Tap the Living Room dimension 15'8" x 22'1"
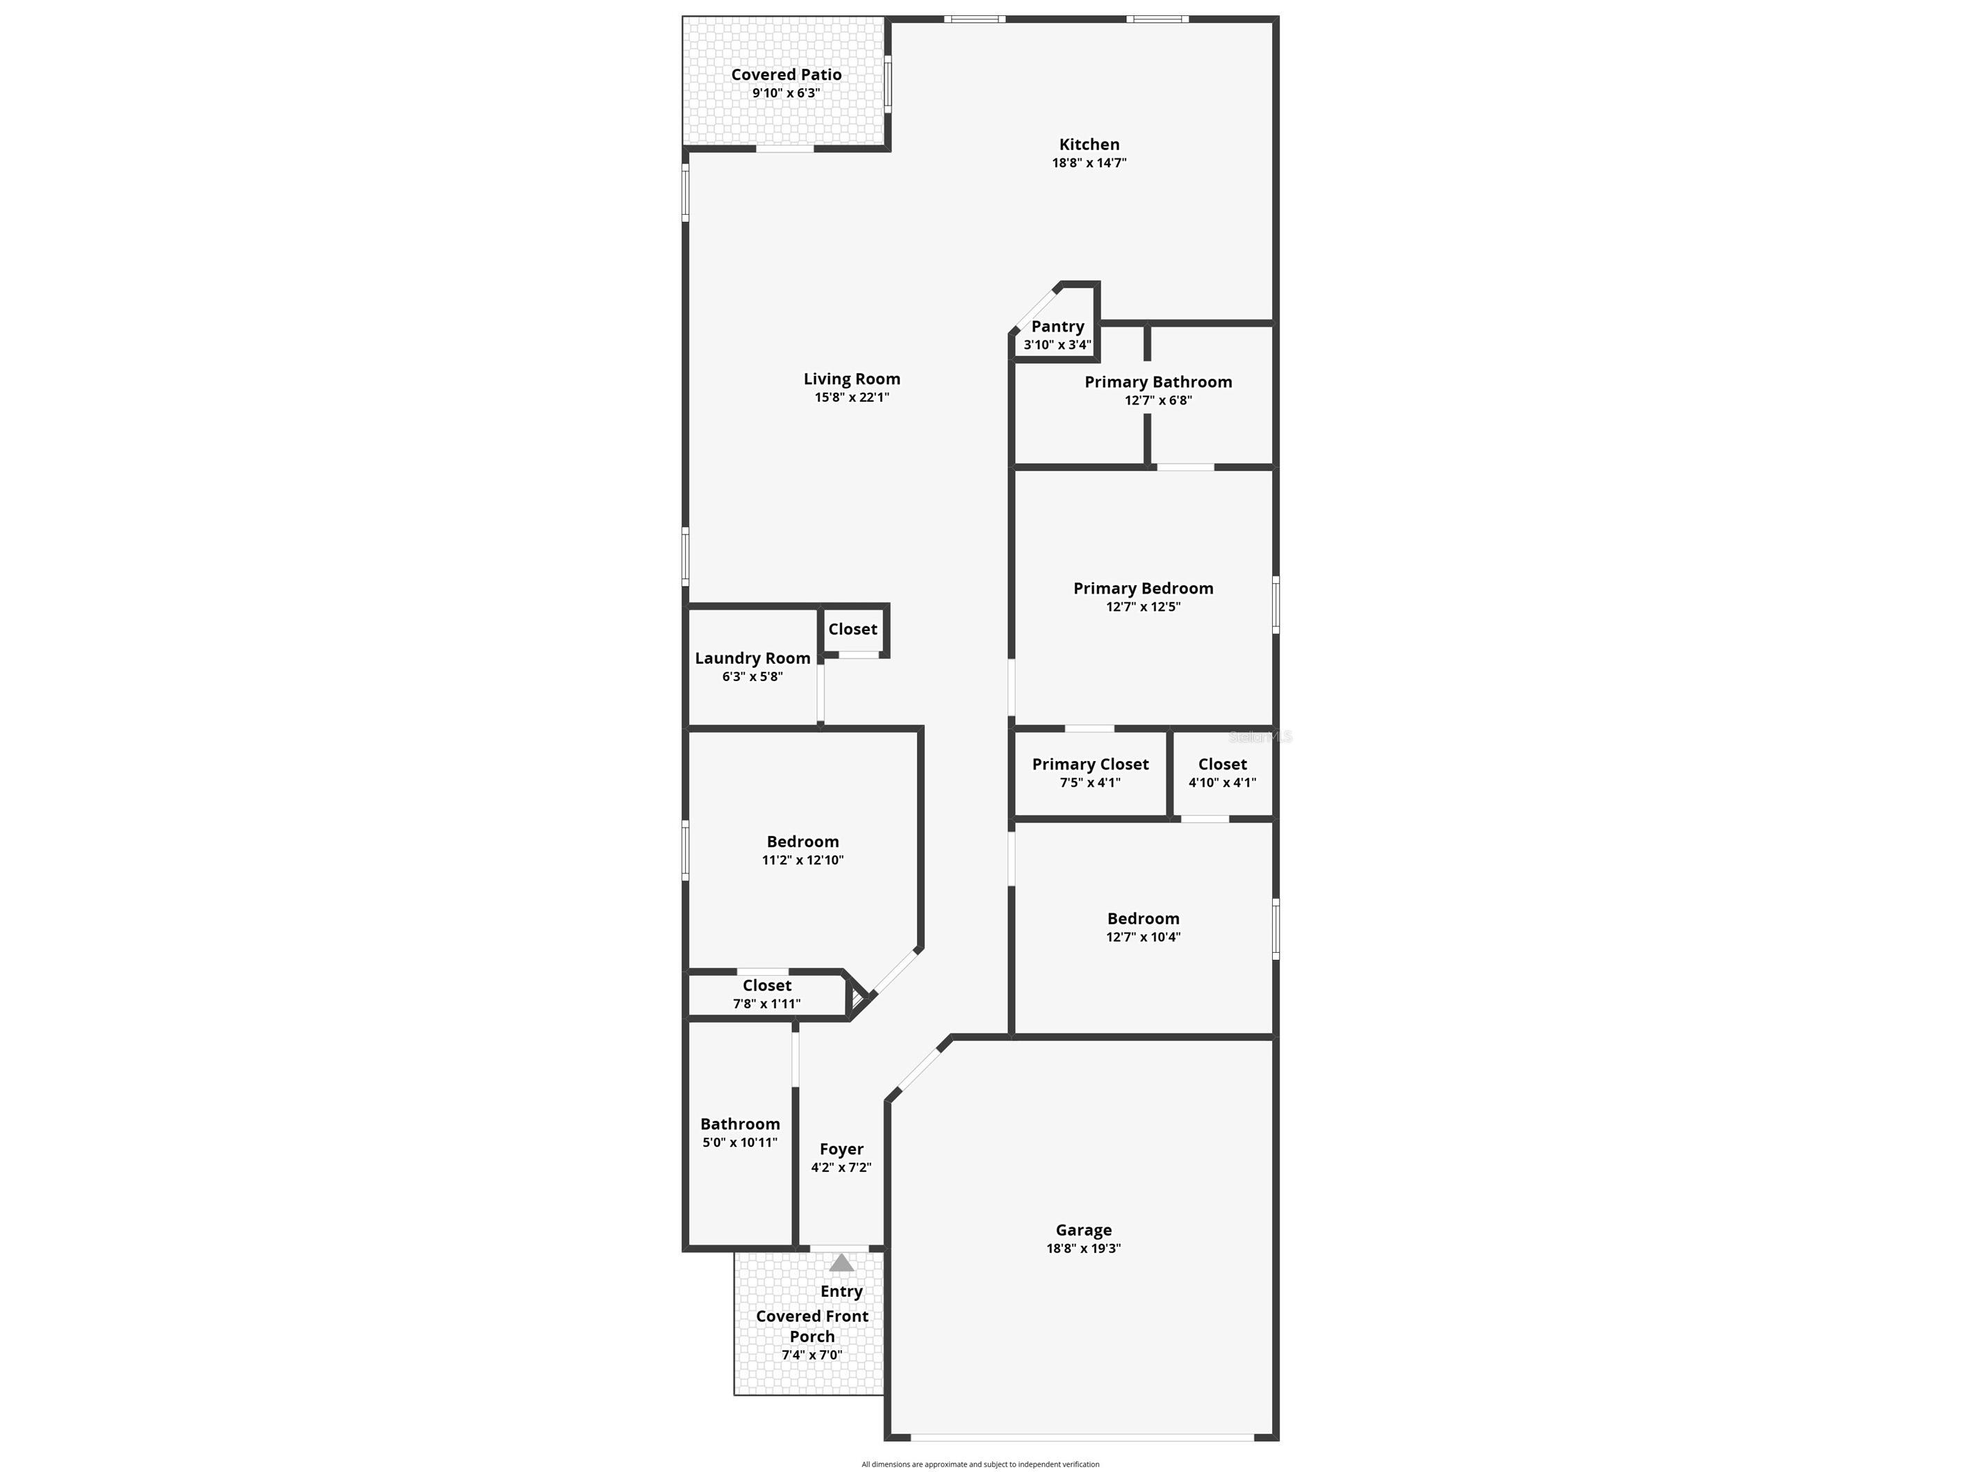852,398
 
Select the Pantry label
1057,327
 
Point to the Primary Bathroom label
1157,382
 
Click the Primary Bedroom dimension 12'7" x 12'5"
1142,607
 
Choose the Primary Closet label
1090,764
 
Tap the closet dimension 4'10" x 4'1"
1221,783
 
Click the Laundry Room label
752,657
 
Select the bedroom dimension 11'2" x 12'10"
802,860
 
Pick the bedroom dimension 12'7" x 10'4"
1142,937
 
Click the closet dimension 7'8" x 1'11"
766,1004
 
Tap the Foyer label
841,1149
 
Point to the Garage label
1083,1229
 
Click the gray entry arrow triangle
841,1263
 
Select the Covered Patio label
786,74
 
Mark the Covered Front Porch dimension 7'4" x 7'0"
811,1355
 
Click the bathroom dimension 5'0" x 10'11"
740,1143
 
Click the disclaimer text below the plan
980,1465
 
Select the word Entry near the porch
841,1292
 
